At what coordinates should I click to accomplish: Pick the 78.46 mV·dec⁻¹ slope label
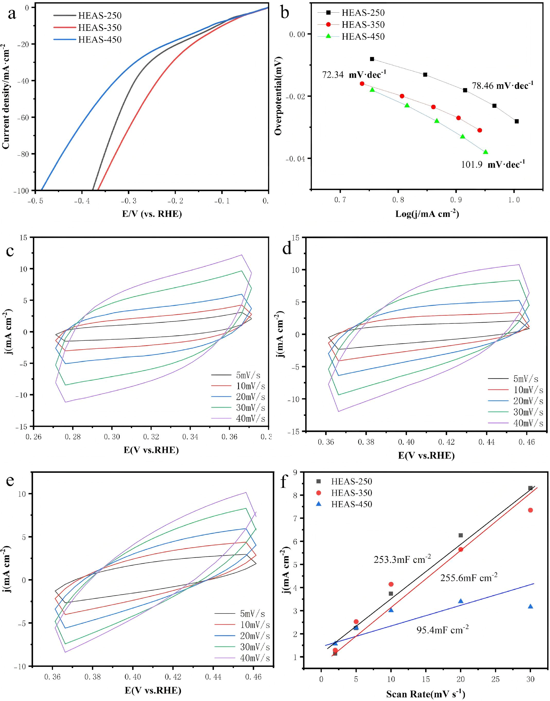click(503, 86)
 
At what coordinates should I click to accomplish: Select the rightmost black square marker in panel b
click(517, 121)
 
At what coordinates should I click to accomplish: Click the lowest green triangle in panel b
click(485, 152)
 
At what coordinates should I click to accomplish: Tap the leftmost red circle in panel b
click(362, 84)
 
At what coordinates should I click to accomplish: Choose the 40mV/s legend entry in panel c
click(238, 418)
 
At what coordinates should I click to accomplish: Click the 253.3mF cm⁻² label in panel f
click(402, 559)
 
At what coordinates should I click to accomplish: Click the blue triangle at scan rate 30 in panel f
click(530, 606)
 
